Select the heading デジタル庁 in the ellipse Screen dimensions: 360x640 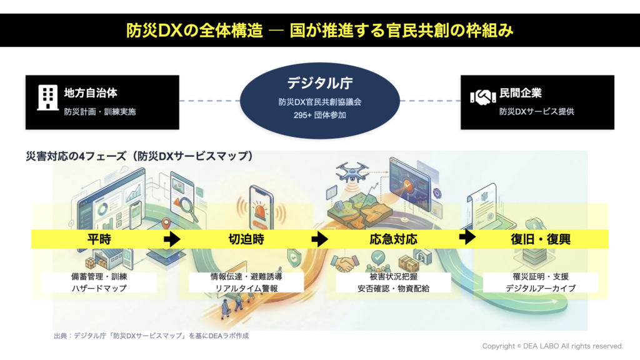click(319, 83)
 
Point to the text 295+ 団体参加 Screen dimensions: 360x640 click(319, 115)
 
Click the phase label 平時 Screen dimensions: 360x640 click(99, 239)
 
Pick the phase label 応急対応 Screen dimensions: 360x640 click(393, 239)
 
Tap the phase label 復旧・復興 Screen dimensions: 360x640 click(541, 239)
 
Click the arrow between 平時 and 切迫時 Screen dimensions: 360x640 click(172, 239)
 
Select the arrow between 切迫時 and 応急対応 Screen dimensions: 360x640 click(319, 239)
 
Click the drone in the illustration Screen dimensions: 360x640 click(352, 172)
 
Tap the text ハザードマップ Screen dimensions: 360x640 click(99, 288)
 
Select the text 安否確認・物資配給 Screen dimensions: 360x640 click(394, 288)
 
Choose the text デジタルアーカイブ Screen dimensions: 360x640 click(541, 288)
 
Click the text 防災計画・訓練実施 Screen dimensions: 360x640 click(99, 112)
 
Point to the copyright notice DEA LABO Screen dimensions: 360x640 click(552, 346)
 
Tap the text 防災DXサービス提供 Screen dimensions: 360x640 click(536, 112)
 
